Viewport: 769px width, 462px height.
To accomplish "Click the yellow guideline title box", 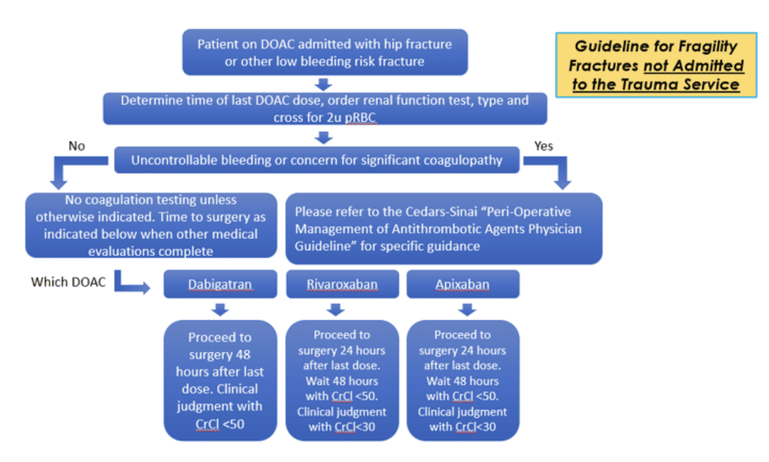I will click(x=656, y=65).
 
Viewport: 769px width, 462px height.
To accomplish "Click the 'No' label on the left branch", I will click(x=77, y=146).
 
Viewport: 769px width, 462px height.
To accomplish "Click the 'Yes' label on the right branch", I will click(x=543, y=146).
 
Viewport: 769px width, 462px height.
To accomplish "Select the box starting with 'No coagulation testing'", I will click(x=151, y=224).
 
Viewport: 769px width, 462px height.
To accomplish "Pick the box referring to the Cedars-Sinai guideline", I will click(x=444, y=228).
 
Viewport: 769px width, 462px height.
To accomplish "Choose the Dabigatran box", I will click(x=220, y=284).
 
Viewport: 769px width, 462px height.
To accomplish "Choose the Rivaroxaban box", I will click(x=342, y=284).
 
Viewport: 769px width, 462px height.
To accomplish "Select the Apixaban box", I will click(x=462, y=284).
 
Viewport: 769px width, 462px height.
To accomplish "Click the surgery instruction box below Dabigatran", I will click(x=220, y=380).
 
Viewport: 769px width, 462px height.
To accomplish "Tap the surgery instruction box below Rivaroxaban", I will click(x=342, y=380).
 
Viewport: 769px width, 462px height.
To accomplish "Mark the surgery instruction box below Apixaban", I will click(x=462, y=380).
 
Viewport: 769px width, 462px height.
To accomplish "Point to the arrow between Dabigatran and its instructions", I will click(x=220, y=310).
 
